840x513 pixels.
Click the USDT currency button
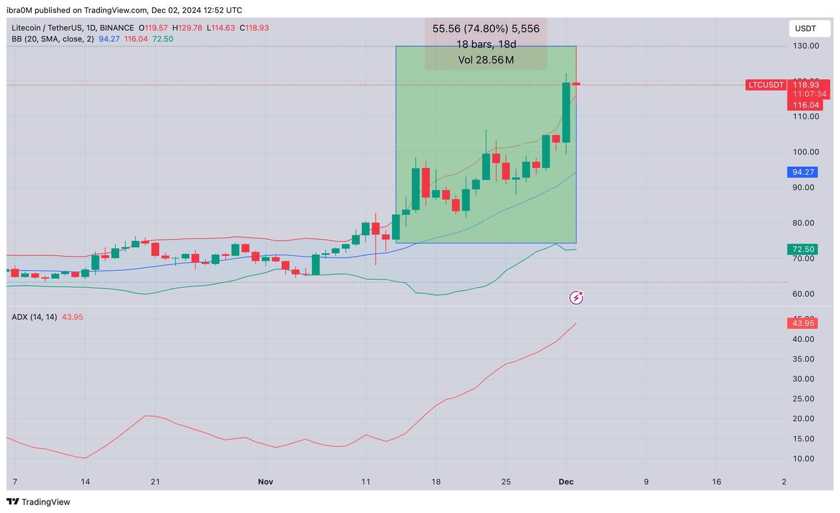[x=805, y=28]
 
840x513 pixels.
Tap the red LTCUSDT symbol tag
[x=766, y=85]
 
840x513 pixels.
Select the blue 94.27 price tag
[x=802, y=172]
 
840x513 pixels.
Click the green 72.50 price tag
[x=802, y=249]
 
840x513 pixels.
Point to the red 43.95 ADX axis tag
[x=803, y=323]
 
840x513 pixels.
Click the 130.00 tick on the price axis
[x=806, y=46]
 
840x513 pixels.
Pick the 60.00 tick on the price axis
[x=803, y=294]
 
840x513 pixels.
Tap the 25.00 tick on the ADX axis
[x=803, y=399]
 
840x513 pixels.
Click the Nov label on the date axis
[x=265, y=482]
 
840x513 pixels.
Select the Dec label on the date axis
[x=566, y=482]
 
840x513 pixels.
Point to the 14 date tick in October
[x=85, y=482]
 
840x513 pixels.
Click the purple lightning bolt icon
[x=576, y=298]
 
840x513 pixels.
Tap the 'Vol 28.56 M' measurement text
[x=486, y=60]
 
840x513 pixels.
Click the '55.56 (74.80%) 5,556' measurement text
[x=486, y=29]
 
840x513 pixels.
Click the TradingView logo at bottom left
[x=38, y=502]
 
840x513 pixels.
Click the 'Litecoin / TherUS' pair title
[x=73, y=28]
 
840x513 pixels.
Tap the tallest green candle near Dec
[x=566, y=112]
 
